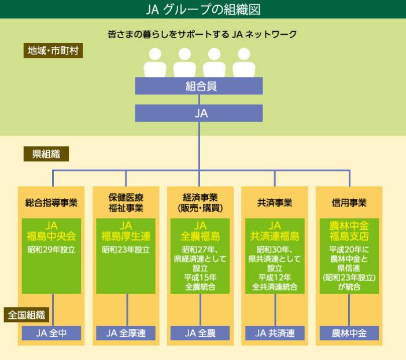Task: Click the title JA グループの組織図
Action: (202, 9)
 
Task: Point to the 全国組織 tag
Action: (27, 315)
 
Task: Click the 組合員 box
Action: (199, 86)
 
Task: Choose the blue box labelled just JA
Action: (199, 113)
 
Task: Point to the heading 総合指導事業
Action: (51, 203)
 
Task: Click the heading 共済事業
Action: (275, 203)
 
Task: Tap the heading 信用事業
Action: (349, 203)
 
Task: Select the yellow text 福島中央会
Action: (51, 236)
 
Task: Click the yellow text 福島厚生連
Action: (126, 236)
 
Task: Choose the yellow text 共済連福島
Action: (275, 236)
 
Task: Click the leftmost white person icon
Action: (154, 63)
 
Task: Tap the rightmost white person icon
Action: (244, 63)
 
